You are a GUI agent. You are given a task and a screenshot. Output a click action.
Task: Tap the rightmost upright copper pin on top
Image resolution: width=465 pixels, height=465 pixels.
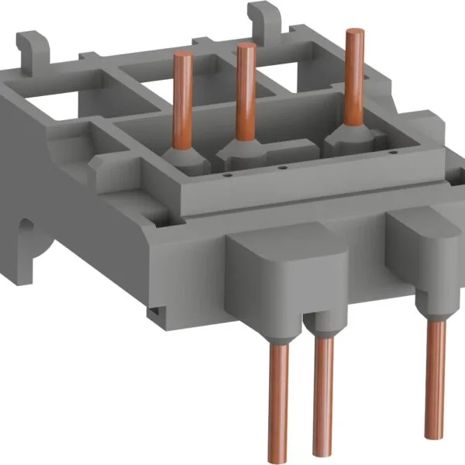tap(356, 77)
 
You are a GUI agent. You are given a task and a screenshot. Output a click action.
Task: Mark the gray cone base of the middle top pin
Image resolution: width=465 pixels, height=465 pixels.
tap(246, 146)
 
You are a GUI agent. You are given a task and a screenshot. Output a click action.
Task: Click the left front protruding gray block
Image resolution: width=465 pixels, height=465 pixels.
tap(273, 267)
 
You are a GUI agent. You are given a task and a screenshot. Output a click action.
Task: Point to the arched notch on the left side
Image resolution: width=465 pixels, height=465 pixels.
tap(29, 231)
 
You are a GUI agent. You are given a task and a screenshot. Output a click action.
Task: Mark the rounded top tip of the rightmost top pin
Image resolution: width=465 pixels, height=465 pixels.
tap(356, 33)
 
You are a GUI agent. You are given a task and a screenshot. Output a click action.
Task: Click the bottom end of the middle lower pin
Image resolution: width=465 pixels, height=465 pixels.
tap(320, 451)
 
